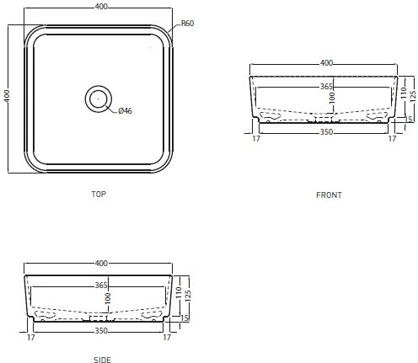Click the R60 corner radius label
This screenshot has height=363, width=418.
(x=187, y=23)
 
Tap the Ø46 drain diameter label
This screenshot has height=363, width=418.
(x=125, y=111)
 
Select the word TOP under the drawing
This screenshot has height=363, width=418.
(x=99, y=194)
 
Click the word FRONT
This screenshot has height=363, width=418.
(x=329, y=195)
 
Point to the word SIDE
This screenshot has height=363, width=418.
(x=102, y=360)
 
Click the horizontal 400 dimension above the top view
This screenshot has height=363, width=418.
(x=101, y=7)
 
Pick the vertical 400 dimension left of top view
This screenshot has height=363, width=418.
(x=7, y=96)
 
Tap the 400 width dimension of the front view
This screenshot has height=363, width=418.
(x=326, y=63)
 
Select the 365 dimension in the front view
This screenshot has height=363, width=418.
(x=326, y=87)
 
